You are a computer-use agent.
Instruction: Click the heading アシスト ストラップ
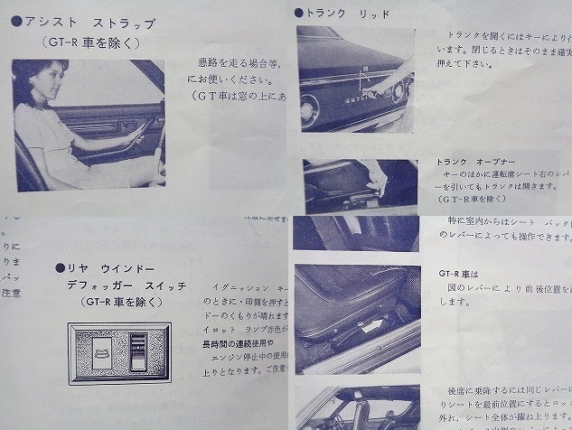90,22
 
